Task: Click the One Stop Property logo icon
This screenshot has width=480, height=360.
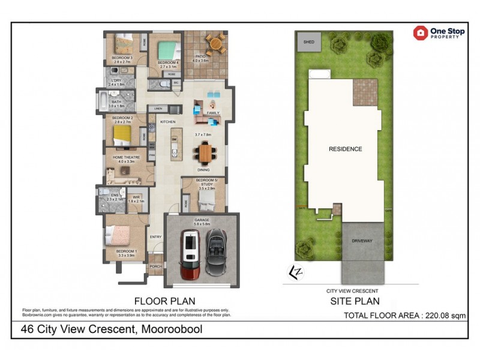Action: pyautogui.click(x=421, y=33)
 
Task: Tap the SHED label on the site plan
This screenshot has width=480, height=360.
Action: pyautogui.click(x=309, y=43)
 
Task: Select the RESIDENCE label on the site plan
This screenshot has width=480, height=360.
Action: pyautogui.click(x=345, y=149)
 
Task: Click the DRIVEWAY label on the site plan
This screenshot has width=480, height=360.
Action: pyautogui.click(x=363, y=241)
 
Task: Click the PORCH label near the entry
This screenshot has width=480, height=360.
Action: pyautogui.click(x=155, y=266)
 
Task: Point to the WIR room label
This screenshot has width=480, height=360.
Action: pyautogui.click(x=136, y=197)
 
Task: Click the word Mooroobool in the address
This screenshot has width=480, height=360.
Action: pyautogui.click(x=171, y=329)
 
